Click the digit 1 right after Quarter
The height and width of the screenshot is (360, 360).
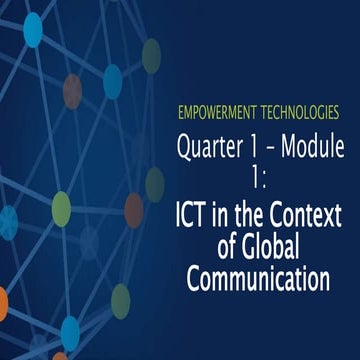point(258,148)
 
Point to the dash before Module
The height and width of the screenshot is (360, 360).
point(273,149)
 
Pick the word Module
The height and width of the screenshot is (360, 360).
point(314,148)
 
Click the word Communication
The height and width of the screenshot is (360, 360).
point(259,276)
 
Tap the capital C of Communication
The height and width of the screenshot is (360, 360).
point(195,276)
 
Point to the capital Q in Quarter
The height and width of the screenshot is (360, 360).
point(185,149)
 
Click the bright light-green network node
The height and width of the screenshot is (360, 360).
point(61,207)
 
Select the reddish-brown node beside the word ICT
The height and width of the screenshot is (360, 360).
point(134,209)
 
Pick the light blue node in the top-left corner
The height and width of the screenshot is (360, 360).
point(33,30)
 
